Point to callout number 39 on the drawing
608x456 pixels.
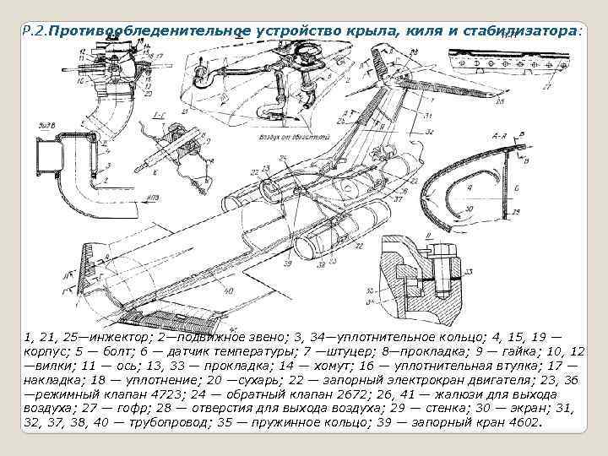point(287,263)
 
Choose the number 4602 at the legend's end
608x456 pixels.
point(518,422)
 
